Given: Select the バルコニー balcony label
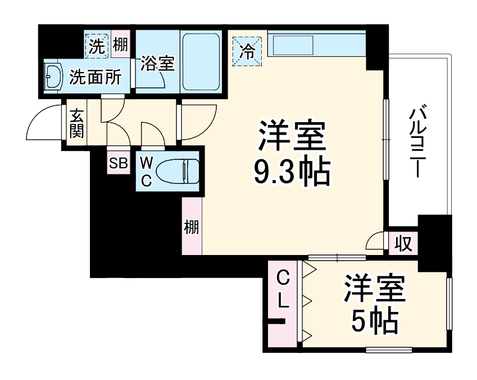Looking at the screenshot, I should tap(417, 140).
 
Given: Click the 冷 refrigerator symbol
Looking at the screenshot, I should tap(248, 51).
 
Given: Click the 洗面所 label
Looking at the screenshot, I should tap(95, 78).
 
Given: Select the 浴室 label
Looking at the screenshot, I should tap(157, 63).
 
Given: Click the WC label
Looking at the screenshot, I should tap(146, 171).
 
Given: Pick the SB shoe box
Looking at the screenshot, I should tap(119, 163).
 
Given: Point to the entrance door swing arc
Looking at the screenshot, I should tap(42, 121).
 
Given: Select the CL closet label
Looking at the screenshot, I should tap(283, 289).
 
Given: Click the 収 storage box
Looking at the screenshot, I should tap(403, 243).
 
